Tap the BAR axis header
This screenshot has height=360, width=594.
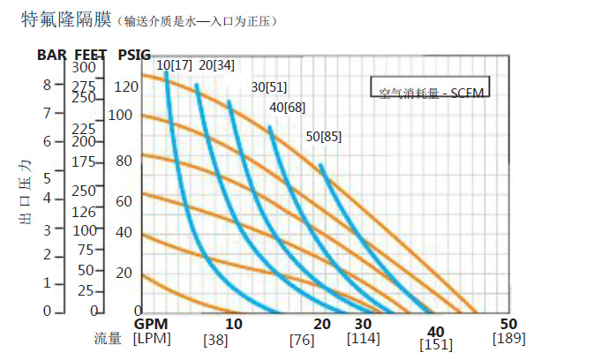(x=51, y=54)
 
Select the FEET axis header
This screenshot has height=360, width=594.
(x=90, y=54)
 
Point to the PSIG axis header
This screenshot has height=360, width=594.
(x=133, y=54)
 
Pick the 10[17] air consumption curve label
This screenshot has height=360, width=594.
(x=175, y=65)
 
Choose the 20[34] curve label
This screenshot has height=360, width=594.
(x=217, y=65)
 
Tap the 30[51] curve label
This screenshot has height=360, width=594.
(x=269, y=87)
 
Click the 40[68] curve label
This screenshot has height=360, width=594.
(x=287, y=107)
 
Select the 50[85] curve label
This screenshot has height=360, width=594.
(x=323, y=136)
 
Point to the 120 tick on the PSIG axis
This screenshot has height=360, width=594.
(x=127, y=86)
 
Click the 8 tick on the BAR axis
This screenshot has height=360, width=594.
(x=48, y=85)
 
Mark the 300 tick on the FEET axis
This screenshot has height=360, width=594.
(x=83, y=67)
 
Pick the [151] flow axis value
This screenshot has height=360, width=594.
(x=437, y=345)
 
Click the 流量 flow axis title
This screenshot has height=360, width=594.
(x=111, y=338)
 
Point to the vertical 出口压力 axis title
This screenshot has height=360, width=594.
(x=26, y=192)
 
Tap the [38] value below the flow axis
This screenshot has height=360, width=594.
(x=216, y=339)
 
